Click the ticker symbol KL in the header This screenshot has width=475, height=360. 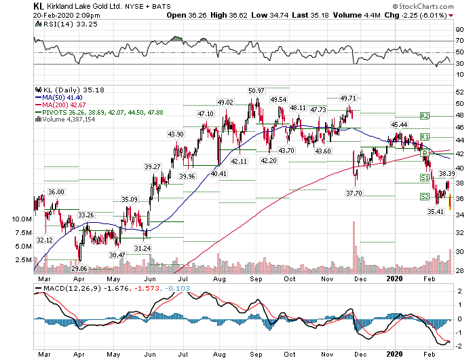(x=40, y=5)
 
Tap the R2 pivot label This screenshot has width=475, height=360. (x=425, y=116)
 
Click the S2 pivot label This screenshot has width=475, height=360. (x=423, y=197)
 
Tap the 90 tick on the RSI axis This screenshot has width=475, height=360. (x=460, y=31)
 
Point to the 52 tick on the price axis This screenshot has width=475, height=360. (x=459, y=91)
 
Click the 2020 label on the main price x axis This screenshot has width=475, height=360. (x=395, y=277)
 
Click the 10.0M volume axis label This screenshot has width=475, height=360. (x=22, y=219)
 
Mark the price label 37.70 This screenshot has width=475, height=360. (x=354, y=194)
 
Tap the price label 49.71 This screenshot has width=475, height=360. (x=347, y=98)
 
